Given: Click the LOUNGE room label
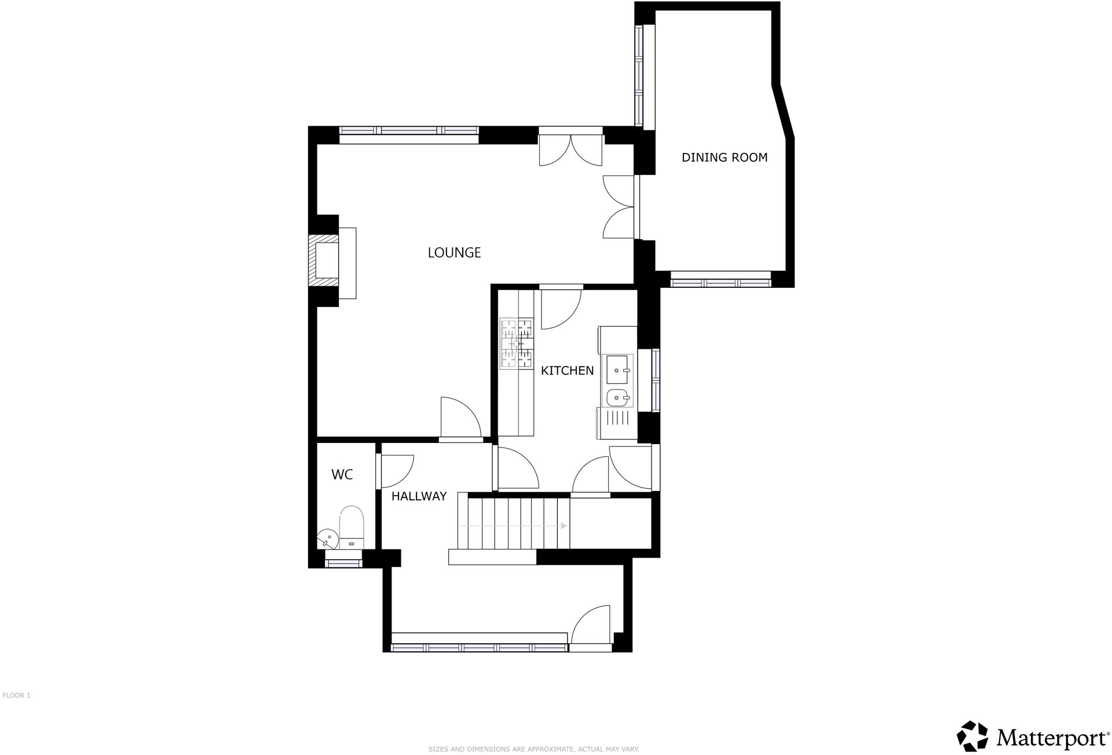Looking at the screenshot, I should tap(454, 252).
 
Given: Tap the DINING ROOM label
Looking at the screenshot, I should tap(724, 157).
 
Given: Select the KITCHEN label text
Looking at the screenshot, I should tap(567, 371).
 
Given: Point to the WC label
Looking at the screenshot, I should tap(342, 475).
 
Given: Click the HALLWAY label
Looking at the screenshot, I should tap(419, 496).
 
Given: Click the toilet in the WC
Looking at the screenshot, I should tap(351, 527).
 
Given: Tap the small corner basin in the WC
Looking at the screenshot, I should tap(328, 540).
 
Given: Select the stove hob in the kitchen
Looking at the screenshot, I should tap(516, 344).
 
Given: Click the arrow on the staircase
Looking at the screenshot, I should tap(563, 526).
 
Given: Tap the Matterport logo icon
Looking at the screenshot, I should tap(972, 736).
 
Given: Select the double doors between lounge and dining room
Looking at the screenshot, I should tap(620, 207).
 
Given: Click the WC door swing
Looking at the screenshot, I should tap(396, 471).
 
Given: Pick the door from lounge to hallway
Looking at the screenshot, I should tap(460, 418).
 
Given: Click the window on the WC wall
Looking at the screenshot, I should tap(343, 562).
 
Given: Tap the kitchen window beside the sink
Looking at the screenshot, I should tap(655, 380).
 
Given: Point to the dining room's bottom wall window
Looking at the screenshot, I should tap(720, 283).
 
